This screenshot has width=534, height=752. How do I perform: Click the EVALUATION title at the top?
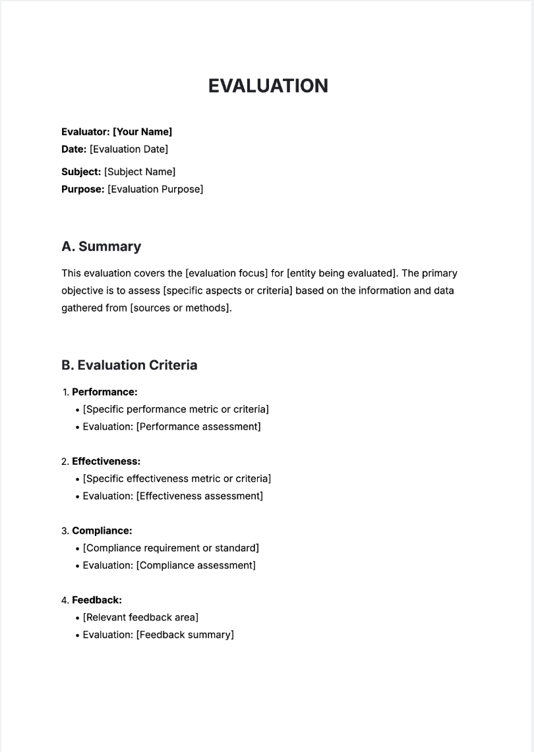pos(268,86)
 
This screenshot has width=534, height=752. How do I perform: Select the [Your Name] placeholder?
pos(142,132)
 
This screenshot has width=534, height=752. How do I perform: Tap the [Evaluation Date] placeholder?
pos(129,149)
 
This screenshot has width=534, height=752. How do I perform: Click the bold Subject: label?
pos(81,172)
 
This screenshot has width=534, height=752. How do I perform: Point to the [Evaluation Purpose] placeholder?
pos(155,190)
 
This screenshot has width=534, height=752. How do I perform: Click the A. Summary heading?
pos(101,247)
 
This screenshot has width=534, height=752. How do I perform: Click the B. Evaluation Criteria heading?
pos(129,365)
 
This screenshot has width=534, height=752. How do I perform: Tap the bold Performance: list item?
pos(104,392)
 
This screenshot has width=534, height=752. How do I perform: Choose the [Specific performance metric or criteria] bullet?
pos(175,410)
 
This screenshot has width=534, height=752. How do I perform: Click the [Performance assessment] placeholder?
pos(198,427)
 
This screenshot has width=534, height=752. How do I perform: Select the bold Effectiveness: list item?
pos(105,462)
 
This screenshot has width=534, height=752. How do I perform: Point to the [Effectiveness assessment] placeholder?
pos(199,496)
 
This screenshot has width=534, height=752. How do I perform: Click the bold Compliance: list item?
pos(102,531)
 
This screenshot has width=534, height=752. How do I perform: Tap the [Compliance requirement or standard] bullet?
pos(171,548)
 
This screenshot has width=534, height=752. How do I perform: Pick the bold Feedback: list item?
pos(96,600)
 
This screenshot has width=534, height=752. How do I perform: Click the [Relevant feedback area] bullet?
pos(140,618)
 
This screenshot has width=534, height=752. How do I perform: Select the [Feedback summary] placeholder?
pos(185,635)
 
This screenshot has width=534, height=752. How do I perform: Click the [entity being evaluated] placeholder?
pos(342,273)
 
